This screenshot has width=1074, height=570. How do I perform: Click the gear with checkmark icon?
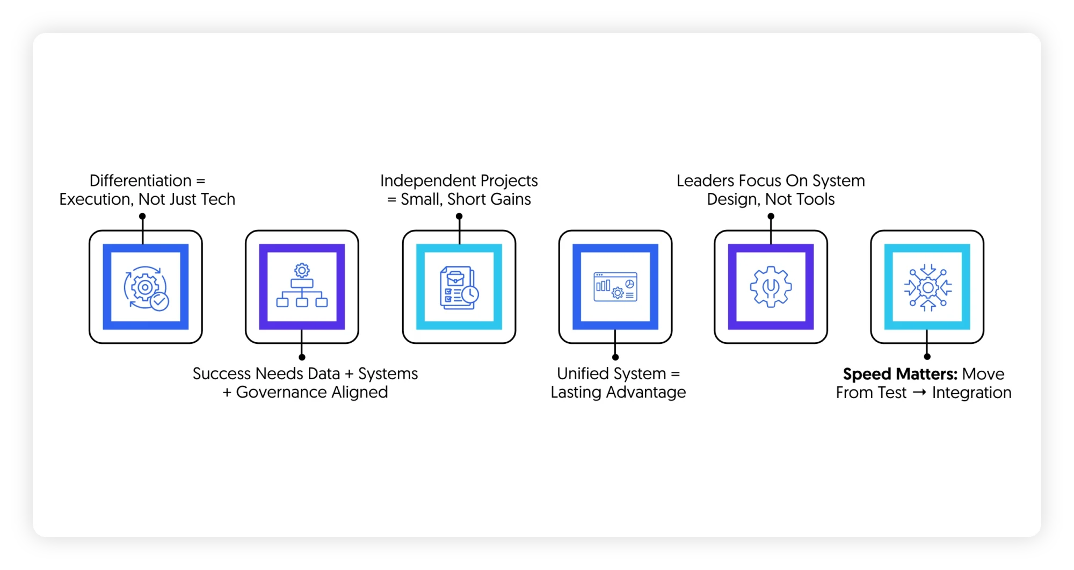tap(146, 287)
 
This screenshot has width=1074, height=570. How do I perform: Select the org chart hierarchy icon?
tap(302, 286)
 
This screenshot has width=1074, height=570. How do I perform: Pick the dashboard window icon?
tap(615, 287)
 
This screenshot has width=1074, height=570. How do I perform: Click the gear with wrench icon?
tap(771, 287)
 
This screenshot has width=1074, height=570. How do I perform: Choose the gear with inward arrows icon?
tap(927, 287)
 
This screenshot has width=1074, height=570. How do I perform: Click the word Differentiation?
tap(140, 181)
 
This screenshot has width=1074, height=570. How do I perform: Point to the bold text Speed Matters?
tap(900, 374)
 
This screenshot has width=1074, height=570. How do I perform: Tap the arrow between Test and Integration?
tap(919, 392)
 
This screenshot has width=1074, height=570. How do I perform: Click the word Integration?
tap(971, 393)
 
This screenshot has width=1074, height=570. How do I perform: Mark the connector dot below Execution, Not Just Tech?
tap(142, 217)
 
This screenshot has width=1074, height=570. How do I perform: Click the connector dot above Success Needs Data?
tap(302, 357)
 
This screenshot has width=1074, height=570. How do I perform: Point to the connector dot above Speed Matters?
tap(927, 357)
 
